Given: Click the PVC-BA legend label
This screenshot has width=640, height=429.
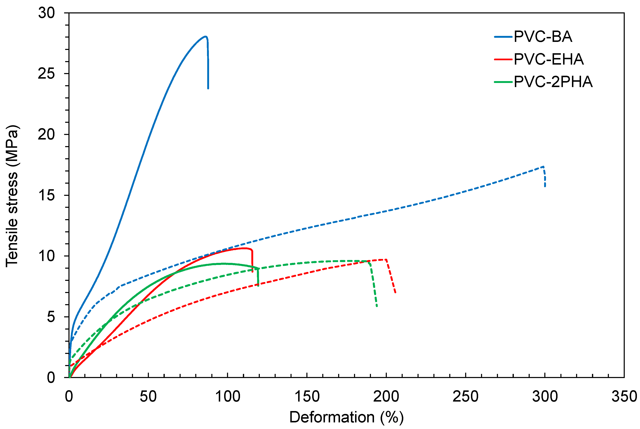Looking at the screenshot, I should point(543,37).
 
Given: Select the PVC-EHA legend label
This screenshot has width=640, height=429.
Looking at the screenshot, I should point(548,59).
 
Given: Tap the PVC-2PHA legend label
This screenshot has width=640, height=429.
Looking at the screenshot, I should point(553,82).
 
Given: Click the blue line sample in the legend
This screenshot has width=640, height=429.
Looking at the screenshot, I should point(503,37).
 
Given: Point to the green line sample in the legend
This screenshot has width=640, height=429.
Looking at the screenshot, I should point(503,82).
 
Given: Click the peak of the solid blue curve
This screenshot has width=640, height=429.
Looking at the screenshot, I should point(205,36).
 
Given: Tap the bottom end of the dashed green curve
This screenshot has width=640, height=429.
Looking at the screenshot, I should point(377,307).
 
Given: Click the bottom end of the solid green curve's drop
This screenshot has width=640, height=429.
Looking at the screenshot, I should point(258,286).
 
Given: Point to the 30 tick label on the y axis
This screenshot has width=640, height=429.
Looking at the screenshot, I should point(46,13).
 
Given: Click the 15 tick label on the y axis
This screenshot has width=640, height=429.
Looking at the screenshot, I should point(46,195).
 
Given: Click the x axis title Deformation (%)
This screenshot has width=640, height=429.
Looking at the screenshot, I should point(346,417).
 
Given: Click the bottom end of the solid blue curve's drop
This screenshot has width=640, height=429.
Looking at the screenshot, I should point(208,88).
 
